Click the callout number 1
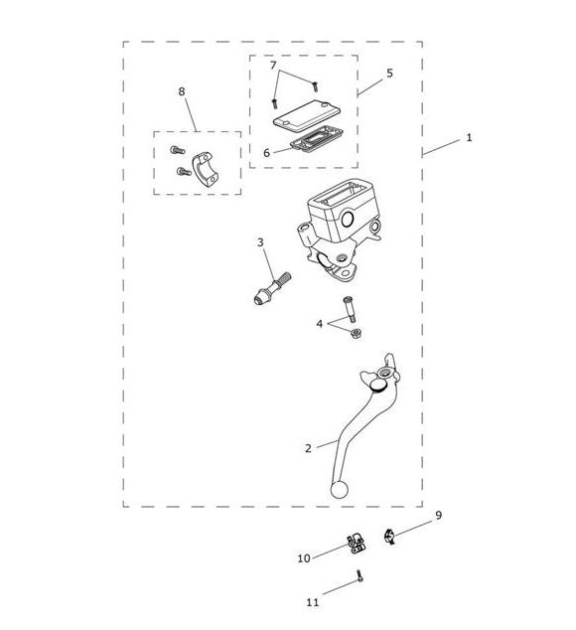469,138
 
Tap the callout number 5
389,74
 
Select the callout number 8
182,91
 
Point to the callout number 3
260,242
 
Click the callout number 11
313,602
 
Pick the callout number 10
304,558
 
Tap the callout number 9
439,515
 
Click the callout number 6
267,153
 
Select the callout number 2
308,448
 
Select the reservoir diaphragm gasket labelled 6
317,138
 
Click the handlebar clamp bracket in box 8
207,170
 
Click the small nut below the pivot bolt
355,333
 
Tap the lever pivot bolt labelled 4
349,309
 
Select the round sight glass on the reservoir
347,219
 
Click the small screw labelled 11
360,575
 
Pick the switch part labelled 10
357,544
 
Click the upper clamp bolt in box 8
177,150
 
